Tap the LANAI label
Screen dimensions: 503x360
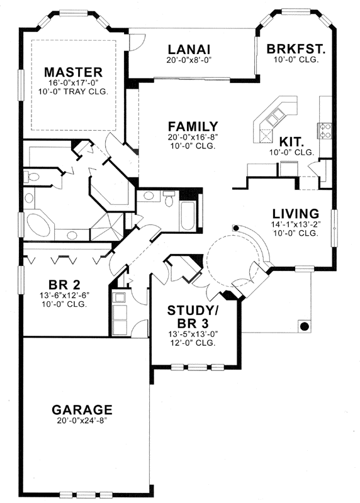(x=188, y=50)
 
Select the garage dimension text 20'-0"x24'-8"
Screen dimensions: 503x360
(x=82, y=421)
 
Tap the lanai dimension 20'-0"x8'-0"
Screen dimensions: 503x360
(x=188, y=61)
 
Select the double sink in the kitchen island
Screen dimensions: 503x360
(x=276, y=117)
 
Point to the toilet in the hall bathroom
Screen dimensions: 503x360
(x=168, y=199)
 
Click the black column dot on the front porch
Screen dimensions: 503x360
(x=304, y=326)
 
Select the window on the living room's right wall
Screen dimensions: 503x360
(x=335, y=223)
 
